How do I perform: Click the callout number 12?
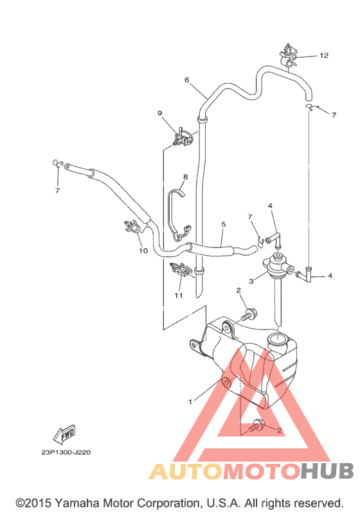[x=324, y=55]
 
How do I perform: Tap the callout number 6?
[x=187, y=80]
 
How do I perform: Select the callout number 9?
[x=159, y=113]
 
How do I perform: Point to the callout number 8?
[x=186, y=177]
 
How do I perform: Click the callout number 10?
[x=143, y=251]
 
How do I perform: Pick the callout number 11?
[x=178, y=296]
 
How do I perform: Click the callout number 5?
[x=224, y=224]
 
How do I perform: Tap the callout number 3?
[x=251, y=281]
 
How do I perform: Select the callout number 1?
[x=190, y=402]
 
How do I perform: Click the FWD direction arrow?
[x=65, y=435]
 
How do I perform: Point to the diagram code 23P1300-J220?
[x=66, y=452]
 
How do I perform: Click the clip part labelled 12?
[x=288, y=56]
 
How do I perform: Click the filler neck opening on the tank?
[x=277, y=341]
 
